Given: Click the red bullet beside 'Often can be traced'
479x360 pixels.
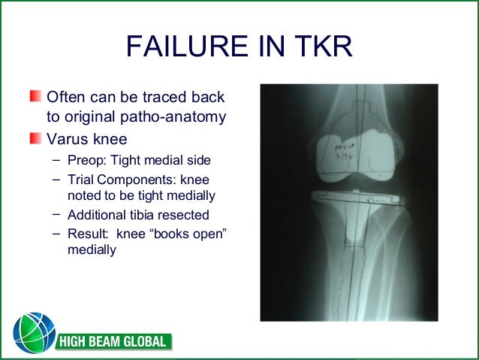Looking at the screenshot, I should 36,98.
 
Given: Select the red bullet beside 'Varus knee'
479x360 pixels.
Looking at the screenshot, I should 36,139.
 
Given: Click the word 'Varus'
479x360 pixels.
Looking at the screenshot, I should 66,139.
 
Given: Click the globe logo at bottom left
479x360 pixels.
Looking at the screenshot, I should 33,333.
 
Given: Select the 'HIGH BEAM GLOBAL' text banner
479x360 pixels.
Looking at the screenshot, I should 113,343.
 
